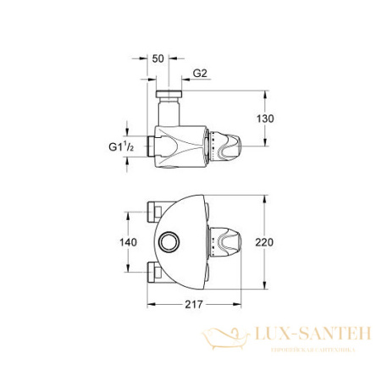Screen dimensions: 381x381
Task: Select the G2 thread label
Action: point(200,75)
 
